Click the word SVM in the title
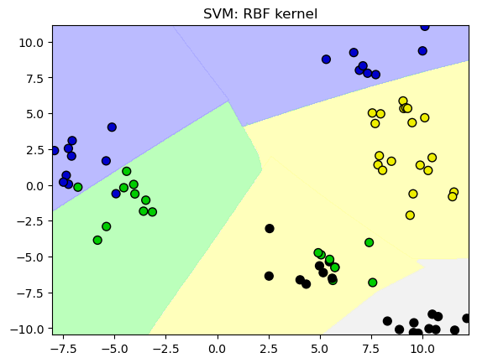click(221, 13)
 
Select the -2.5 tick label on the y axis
click(30, 221)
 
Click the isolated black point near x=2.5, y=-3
click(270, 228)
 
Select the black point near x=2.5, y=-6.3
click(269, 276)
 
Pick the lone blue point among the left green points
click(116, 194)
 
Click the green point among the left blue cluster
click(78, 187)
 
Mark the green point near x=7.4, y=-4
click(370, 242)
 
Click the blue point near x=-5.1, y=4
click(112, 127)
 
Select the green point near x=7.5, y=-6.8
click(372, 283)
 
